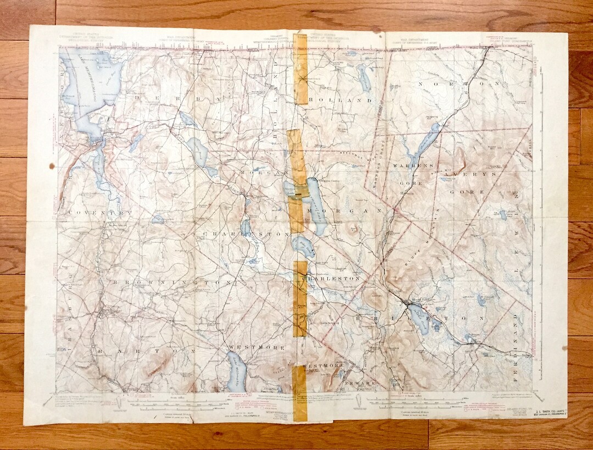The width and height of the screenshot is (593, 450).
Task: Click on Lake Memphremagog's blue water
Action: (x=91, y=82)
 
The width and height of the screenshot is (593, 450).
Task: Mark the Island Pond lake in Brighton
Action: (x=419, y=319)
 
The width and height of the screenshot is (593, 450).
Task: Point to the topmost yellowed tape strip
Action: (x=300, y=69)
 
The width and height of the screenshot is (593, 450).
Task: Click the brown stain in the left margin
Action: (x=52, y=166)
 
